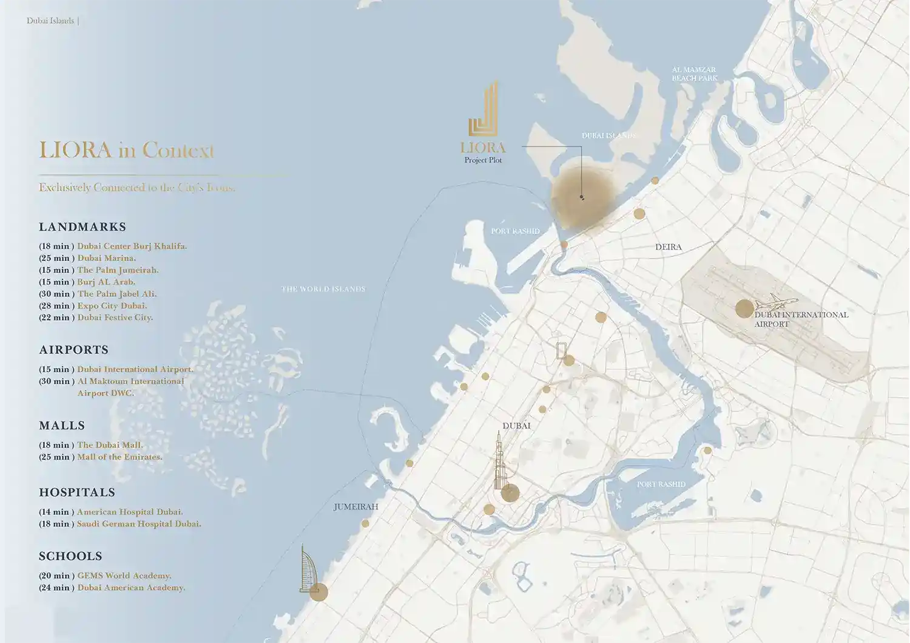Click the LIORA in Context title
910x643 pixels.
[127, 150]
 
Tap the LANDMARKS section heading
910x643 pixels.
[83, 227]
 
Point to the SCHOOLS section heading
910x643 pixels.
[70, 556]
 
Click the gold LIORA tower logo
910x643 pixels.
[484, 110]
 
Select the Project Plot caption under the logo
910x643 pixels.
[483, 160]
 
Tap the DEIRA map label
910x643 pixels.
[668, 247]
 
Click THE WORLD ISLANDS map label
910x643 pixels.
[323, 289]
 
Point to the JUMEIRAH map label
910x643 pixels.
[356, 506]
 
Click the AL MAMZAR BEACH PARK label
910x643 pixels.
[694, 74]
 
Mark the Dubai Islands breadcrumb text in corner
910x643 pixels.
[50, 21]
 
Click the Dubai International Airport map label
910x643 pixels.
[801, 319]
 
